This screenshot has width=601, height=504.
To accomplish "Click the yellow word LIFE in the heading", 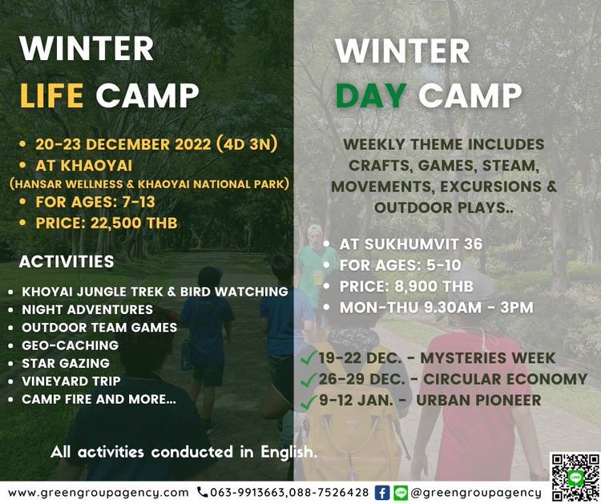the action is [51, 95].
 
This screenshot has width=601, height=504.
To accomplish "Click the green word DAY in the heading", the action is [371, 95].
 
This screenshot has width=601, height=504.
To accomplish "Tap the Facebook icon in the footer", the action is [381, 493].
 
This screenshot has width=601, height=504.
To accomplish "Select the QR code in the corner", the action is [575, 478].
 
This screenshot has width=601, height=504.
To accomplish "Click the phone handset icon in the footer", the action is [202, 492].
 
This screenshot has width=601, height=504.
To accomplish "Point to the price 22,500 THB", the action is [134, 223].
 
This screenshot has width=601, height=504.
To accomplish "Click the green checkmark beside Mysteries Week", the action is [309, 357].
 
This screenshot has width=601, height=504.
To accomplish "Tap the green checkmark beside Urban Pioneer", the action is [309, 401].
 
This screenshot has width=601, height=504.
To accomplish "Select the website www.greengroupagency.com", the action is [98, 493].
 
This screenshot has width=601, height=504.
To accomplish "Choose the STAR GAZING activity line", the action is [66, 363].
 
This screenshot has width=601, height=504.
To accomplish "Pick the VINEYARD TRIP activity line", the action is [71, 381].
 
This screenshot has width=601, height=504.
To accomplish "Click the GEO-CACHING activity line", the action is [71, 345].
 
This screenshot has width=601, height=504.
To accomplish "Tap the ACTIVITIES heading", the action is [67, 261].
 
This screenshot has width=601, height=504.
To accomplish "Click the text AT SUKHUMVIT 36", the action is [411, 244].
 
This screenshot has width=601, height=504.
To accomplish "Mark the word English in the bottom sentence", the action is [288, 452].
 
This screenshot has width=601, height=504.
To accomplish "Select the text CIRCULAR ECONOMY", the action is [505, 379].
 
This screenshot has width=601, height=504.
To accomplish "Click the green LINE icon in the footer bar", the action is [401, 493].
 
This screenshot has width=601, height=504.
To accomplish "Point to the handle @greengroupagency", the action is [476, 493].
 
